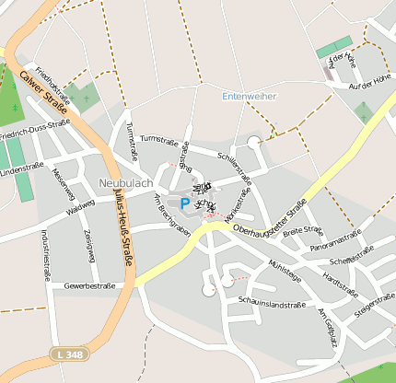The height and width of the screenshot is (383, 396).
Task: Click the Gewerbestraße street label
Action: pyautogui.click(x=89, y=285)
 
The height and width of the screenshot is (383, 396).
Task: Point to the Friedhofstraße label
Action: pyautogui.click(x=52, y=84)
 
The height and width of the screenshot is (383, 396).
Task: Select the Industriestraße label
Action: pyautogui.click(x=45, y=253)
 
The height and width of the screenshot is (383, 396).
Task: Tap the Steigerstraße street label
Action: pyautogui.click(x=373, y=303)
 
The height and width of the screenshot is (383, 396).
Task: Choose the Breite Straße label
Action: pyautogui.click(x=303, y=232)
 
